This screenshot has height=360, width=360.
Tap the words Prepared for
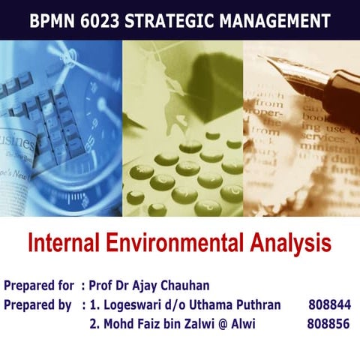[x=38, y=285]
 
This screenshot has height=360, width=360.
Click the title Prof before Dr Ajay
[x=101, y=285]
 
